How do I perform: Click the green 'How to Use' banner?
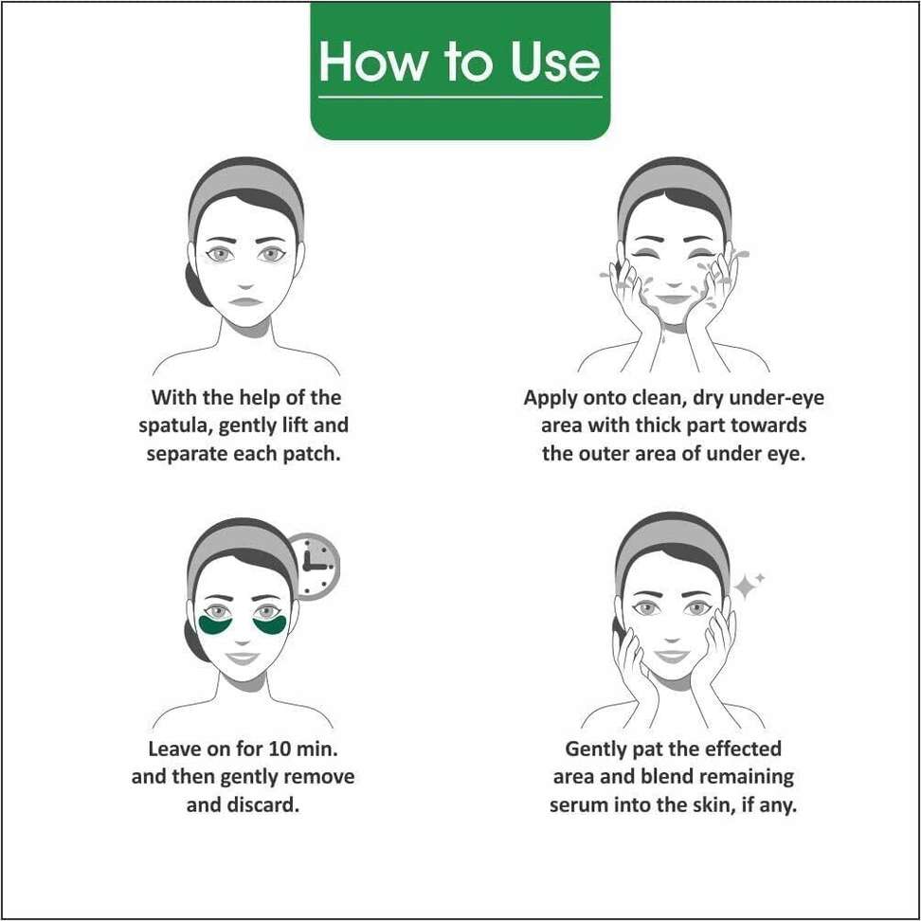click(460, 70)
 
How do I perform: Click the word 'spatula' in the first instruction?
click(175, 426)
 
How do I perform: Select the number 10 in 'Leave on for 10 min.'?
click(279, 749)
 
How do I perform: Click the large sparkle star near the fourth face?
click(746, 587)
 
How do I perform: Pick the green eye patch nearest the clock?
click(270, 625)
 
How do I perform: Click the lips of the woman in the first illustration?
click(244, 301)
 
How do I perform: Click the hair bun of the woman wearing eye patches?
click(195, 641)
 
